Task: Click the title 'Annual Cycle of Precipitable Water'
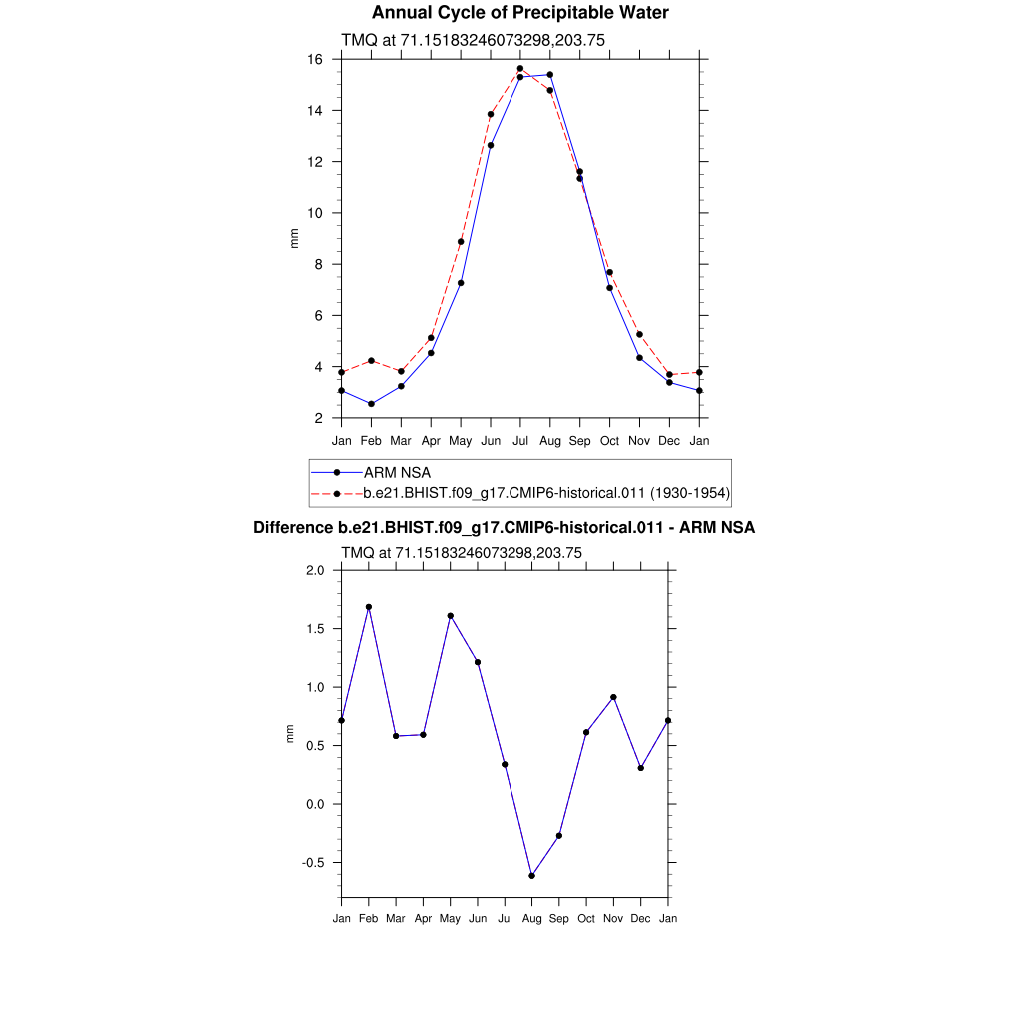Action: tap(519, 13)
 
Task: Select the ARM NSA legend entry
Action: tap(397, 472)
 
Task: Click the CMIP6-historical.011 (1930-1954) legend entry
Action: tap(545, 493)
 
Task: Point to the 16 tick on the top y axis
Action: tap(315, 60)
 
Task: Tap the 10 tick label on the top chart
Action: tap(315, 213)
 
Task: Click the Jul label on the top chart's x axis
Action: tap(519, 441)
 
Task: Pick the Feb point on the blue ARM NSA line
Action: tap(371, 404)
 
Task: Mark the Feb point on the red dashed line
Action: tap(371, 360)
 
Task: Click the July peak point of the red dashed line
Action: tap(519, 69)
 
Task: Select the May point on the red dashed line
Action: tap(461, 241)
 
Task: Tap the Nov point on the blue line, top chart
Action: tap(639, 357)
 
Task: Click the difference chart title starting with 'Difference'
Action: tap(504, 527)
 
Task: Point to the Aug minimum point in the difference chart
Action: tap(531, 875)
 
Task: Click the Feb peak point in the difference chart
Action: tap(369, 607)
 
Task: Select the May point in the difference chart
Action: tap(451, 616)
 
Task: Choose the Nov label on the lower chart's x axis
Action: tap(613, 918)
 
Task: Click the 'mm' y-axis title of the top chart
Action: tap(294, 238)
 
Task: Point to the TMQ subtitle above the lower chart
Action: tap(462, 552)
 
